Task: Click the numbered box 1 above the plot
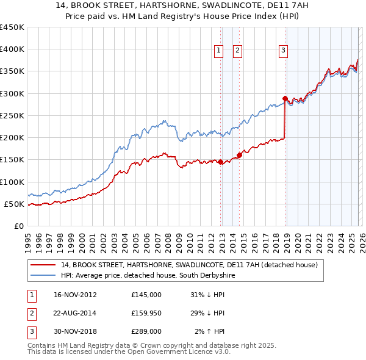point(218,51)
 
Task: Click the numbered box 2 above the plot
point(237,51)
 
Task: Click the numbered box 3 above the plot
point(284,51)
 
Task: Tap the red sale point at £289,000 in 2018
point(285,98)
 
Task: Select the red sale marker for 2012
point(220,162)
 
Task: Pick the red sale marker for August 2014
point(239,155)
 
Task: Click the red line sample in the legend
point(43,265)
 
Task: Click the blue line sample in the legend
point(43,276)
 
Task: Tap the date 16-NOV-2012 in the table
point(76,295)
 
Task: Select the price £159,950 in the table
point(146,313)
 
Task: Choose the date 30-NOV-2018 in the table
point(76,331)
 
